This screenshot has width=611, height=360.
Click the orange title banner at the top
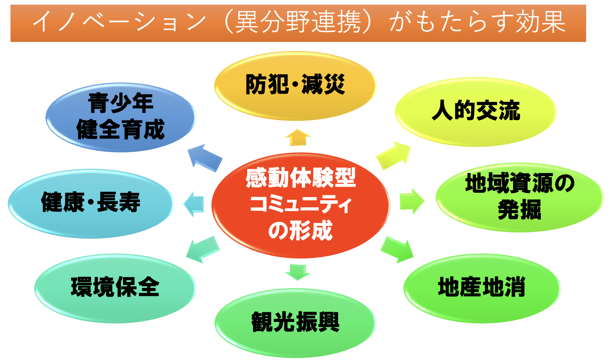pyautogui.click(x=298, y=23)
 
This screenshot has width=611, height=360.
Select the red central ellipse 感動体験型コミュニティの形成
pyautogui.click(x=300, y=205)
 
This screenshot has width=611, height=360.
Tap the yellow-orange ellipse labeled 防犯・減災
pyautogui.click(x=295, y=86)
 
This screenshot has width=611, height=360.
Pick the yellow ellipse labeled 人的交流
pyautogui.click(x=475, y=112)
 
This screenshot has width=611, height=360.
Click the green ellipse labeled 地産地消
pyautogui.click(x=482, y=288)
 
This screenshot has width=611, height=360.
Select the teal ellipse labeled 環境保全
pyautogui.click(x=115, y=288)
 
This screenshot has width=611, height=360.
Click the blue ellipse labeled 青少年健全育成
pyautogui.click(x=120, y=117)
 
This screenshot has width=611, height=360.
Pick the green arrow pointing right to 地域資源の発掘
pyautogui.click(x=412, y=201)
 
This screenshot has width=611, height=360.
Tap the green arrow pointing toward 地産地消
pyautogui.click(x=397, y=250)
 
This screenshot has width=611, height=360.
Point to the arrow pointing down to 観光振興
pyautogui.click(x=297, y=272)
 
